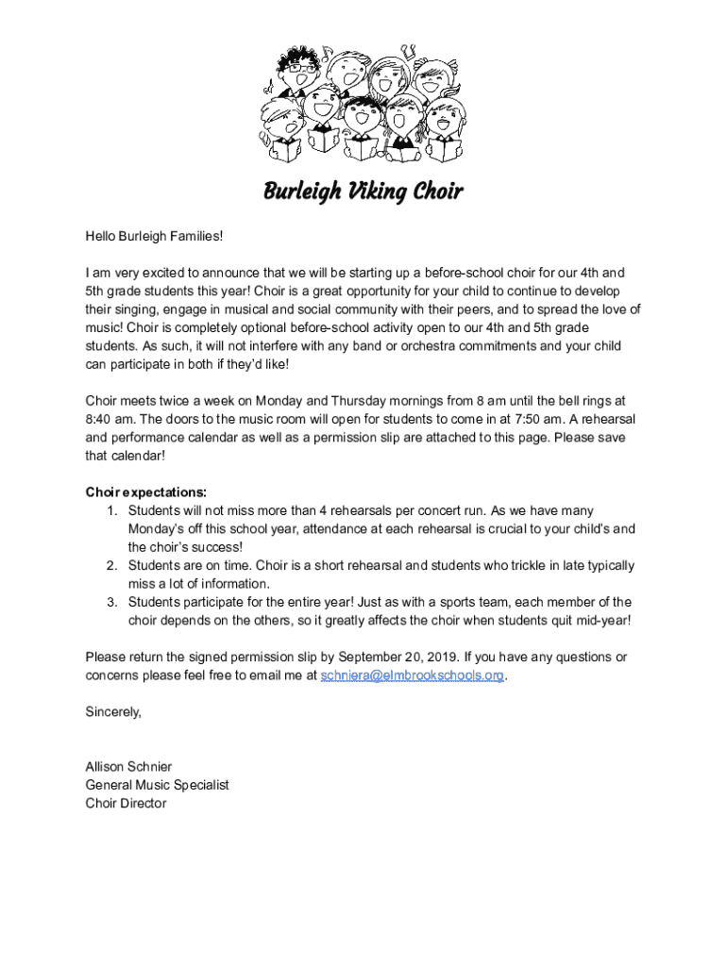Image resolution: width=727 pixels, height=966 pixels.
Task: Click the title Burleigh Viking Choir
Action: pos(363,192)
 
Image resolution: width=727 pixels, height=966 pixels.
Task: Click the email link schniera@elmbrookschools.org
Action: pos(413,675)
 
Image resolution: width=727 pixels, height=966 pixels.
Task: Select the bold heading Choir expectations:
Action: pos(146,492)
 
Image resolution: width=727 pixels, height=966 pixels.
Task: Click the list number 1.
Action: pos(110,510)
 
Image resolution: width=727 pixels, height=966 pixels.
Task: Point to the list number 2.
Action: pos(110,566)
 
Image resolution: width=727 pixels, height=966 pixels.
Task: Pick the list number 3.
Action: pos(110,602)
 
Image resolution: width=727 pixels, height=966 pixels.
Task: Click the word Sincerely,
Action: pos(113,712)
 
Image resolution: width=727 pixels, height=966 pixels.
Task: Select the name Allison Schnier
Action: pos(128,767)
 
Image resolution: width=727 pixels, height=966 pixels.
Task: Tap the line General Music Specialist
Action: pos(157,785)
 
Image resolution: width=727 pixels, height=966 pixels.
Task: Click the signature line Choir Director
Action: pos(126,804)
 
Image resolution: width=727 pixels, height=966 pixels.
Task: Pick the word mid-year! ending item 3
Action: pos(599,620)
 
